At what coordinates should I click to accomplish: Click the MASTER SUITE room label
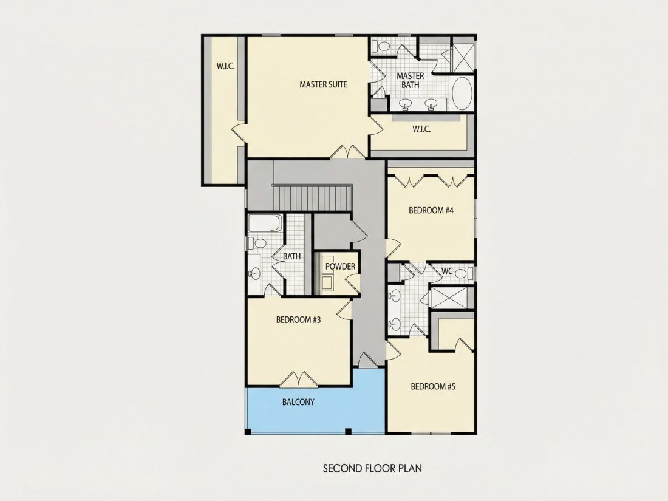pos(323,84)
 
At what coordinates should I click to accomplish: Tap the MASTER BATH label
pos(411,80)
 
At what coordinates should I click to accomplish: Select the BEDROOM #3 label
pos(298,319)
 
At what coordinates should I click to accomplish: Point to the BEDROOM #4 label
pos(431,210)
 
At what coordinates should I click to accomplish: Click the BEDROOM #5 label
pos(433,386)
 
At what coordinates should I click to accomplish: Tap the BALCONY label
pos(298,402)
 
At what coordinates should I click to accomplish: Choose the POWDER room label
pos(341,266)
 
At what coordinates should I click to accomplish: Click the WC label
pos(447,271)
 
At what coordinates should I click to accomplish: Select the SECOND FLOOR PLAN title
pos(372,469)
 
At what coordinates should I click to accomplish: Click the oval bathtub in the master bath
pos(462,94)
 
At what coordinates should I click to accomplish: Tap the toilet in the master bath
pos(381,46)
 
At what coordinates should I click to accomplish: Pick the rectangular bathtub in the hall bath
pos(265,223)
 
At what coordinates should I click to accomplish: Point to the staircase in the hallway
pos(312,197)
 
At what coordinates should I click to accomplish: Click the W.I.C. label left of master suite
pos(225,66)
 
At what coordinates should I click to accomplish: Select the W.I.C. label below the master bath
pos(421,129)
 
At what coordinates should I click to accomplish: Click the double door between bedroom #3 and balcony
pos(301,379)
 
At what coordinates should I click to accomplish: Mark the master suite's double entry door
pos(349,151)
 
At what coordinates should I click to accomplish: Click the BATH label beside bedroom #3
pos(292,256)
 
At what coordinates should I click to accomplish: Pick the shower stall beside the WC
pos(452,298)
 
